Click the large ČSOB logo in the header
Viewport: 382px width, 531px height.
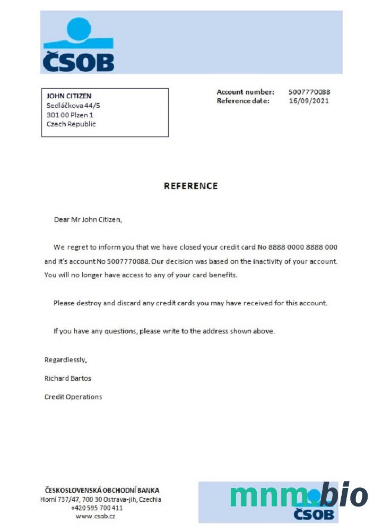pos(78,45)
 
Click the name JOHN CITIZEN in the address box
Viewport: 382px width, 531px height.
pos(69,96)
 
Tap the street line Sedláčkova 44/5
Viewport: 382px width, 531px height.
pos(73,105)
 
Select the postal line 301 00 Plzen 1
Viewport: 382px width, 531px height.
pos(70,115)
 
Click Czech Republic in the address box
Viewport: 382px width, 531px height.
pos(71,124)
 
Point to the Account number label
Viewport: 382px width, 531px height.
pos(245,92)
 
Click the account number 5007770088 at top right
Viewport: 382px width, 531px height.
pos(309,92)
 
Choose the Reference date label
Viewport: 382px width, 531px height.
pos(243,100)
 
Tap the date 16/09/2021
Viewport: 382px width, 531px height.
pos(308,100)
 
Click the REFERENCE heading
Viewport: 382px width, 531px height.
pos(190,186)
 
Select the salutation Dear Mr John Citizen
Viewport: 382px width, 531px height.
pos(88,219)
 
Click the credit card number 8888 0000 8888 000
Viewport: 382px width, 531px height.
pos(303,247)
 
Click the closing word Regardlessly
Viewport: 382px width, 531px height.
pos(65,359)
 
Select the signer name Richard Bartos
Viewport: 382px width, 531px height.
pos(68,378)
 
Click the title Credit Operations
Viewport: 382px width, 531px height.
pos(73,397)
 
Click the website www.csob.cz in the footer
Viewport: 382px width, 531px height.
pos(95,516)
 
